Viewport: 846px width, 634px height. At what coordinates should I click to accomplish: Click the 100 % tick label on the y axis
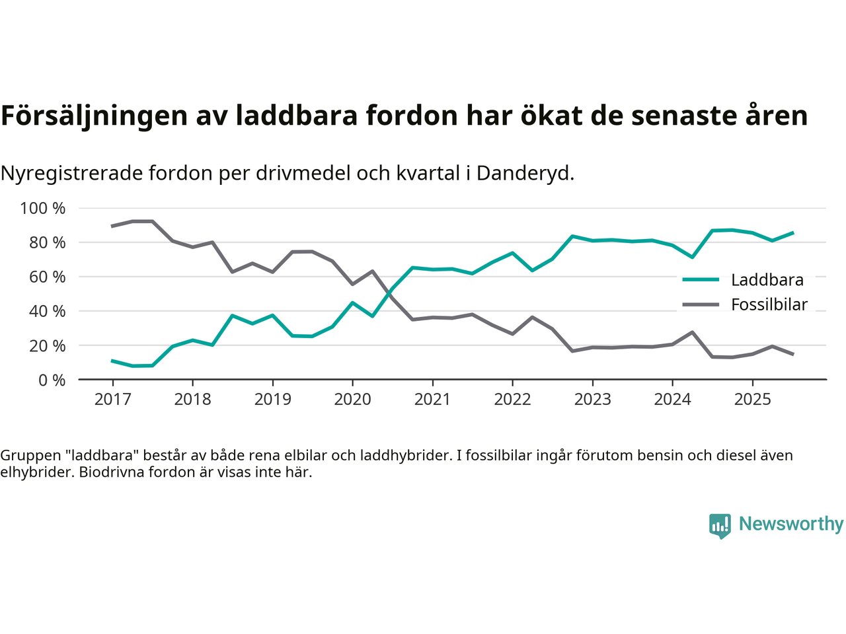[x=43, y=209]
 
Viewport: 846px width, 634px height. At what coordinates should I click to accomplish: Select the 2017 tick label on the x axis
[x=112, y=400]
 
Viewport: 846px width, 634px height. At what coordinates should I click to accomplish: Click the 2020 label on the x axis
[x=352, y=400]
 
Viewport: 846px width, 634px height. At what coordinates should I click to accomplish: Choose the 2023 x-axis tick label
[x=592, y=400]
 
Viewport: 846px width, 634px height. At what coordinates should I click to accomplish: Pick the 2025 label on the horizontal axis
[x=752, y=400]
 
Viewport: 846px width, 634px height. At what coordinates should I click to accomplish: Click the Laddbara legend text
[x=767, y=280]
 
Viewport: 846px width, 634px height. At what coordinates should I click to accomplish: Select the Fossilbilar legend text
[x=769, y=304]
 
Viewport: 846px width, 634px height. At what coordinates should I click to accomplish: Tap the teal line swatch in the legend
[x=701, y=280]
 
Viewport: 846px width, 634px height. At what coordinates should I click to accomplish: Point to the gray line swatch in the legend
[x=701, y=304]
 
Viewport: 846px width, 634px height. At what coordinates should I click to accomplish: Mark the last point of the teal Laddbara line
[x=792, y=232]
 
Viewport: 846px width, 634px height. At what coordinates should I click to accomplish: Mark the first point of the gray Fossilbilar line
[x=112, y=226]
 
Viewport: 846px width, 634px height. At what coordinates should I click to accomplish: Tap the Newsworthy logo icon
[x=720, y=526]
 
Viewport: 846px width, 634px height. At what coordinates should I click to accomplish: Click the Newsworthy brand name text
[x=790, y=524]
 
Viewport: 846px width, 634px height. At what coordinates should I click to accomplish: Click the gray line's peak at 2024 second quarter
[x=692, y=332]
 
